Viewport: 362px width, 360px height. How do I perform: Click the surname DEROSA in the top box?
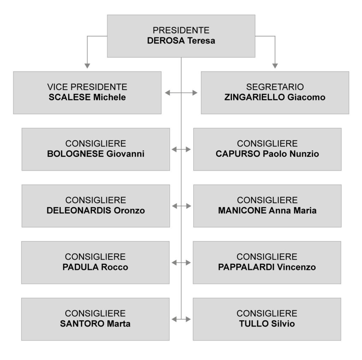166,41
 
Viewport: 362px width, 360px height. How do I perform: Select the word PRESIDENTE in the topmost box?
181,30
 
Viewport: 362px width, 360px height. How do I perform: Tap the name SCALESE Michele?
87,97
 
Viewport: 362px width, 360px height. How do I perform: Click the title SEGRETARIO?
275,87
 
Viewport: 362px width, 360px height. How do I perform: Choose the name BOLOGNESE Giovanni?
95,154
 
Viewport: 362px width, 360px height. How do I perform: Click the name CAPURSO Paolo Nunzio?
267,154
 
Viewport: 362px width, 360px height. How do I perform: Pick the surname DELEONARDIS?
79,210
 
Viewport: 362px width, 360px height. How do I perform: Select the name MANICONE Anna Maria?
267,210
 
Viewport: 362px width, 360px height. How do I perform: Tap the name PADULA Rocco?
95,267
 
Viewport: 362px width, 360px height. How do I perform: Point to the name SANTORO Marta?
95,324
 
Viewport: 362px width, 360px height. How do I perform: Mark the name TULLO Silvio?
267,324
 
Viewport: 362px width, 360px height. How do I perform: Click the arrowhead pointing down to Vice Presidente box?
87,65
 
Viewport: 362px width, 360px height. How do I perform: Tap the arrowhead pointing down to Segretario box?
275,65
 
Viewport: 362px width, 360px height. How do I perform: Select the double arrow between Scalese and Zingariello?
181,93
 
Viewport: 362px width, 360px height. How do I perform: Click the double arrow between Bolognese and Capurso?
181,150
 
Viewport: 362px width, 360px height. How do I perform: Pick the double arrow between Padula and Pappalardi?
181,263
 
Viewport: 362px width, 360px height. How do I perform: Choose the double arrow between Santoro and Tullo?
181,319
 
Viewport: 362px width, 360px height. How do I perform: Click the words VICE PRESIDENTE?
87,87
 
